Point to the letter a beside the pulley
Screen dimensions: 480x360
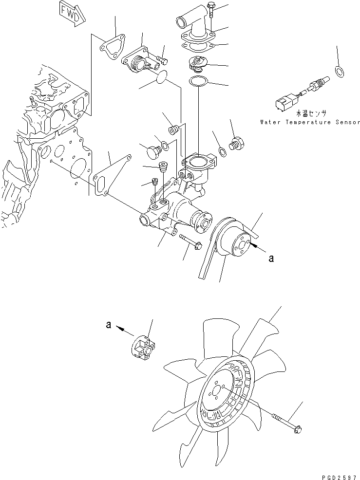271,259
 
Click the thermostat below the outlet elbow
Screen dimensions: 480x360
199,63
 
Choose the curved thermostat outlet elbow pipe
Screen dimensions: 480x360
188,24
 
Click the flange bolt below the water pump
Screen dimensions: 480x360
190,242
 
